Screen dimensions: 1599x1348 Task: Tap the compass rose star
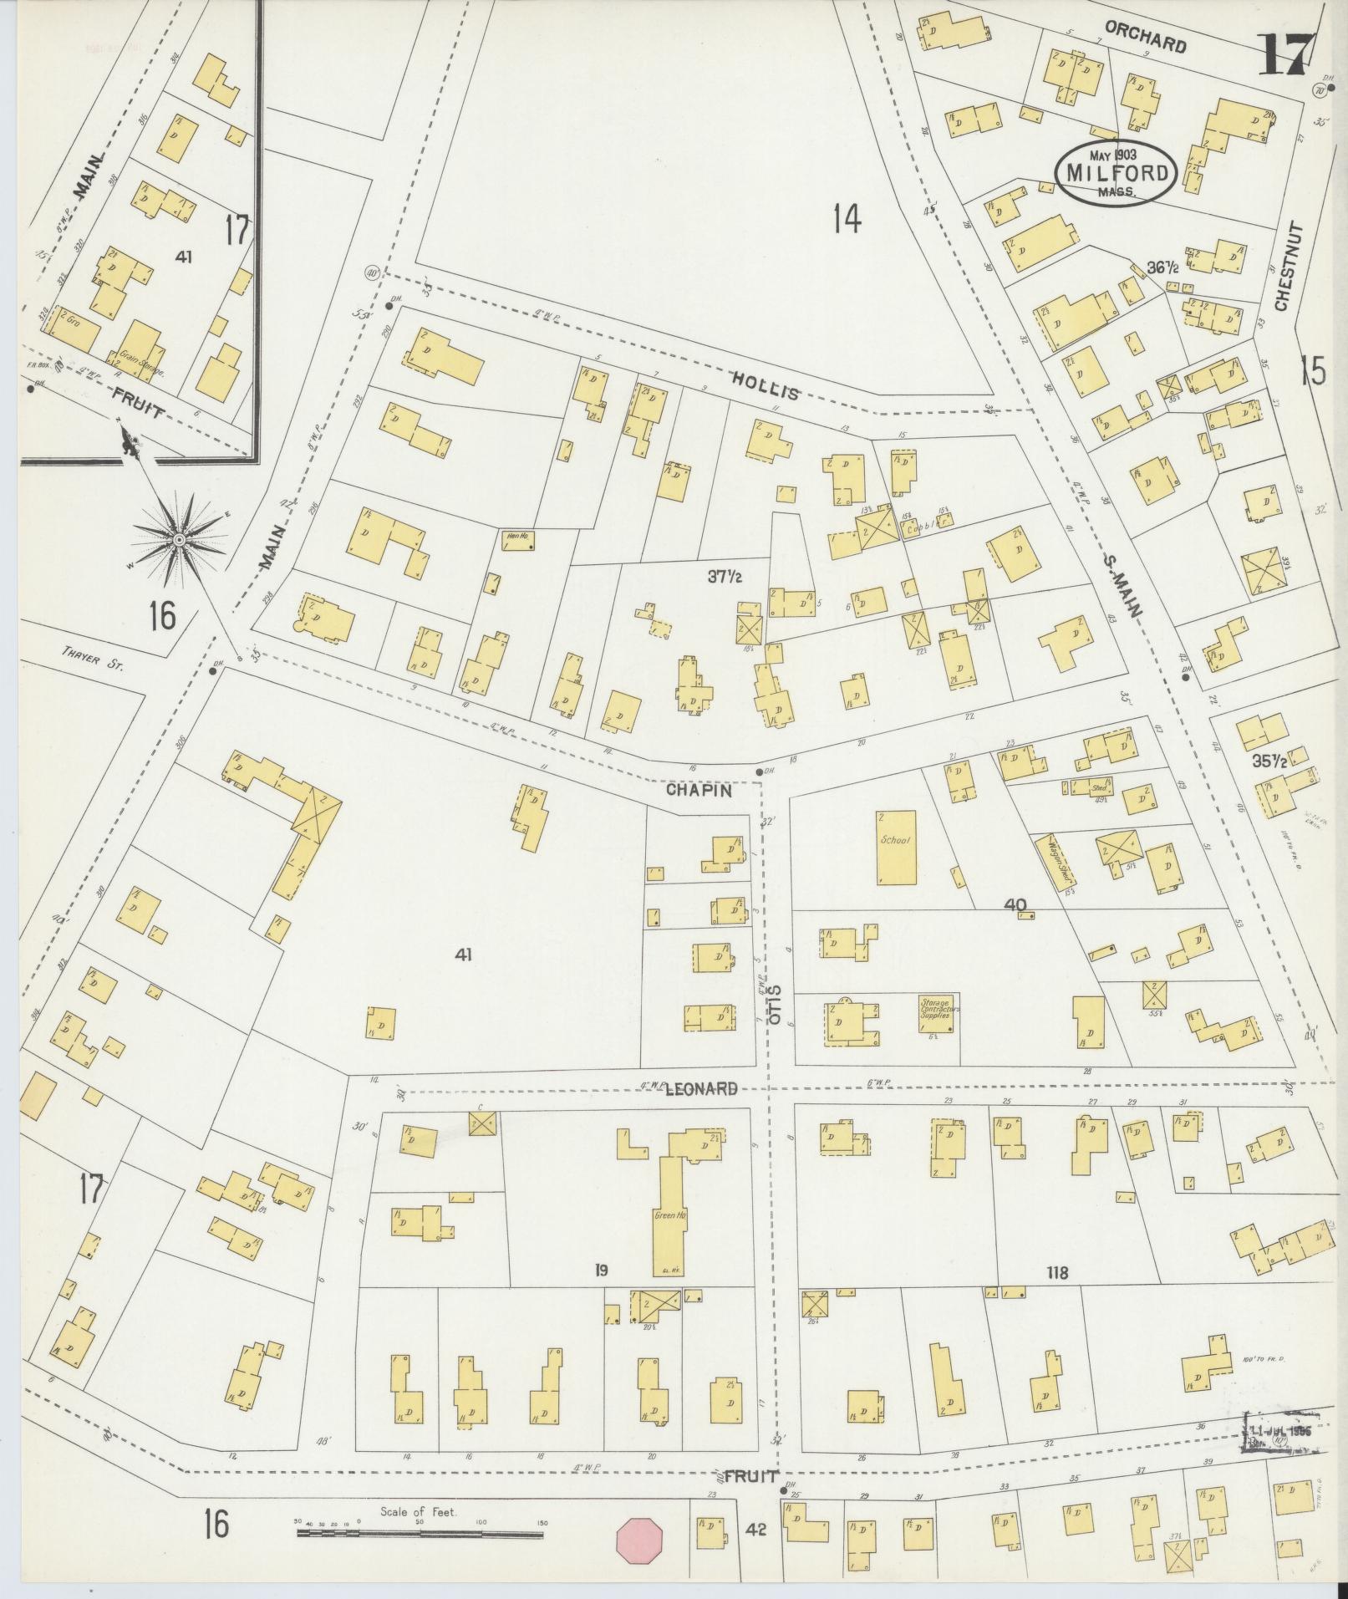click(x=178, y=542)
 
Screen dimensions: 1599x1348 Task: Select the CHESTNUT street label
click(x=1284, y=266)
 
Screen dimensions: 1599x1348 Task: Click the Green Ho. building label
click(x=669, y=1217)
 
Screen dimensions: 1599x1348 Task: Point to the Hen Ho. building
click(x=518, y=540)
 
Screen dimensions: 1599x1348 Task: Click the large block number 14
click(x=846, y=219)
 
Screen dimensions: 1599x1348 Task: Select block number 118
click(x=1057, y=1272)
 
